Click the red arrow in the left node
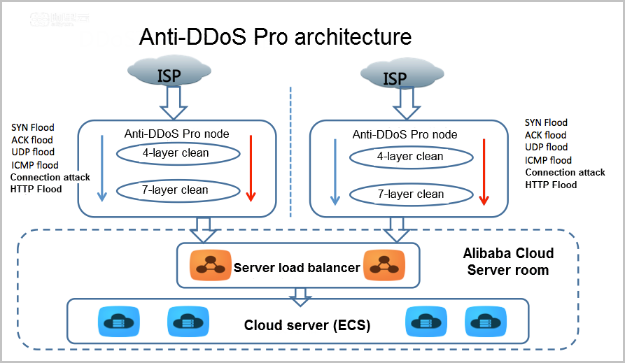click(x=251, y=168)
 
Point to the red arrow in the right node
click(x=483, y=172)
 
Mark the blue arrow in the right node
click(x=335, y=172)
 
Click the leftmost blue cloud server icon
click(x=115, y=322)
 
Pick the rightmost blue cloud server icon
click(x=482, y=322)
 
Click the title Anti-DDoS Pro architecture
click(x=275, y=36)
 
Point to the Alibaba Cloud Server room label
click(x=508, y=262)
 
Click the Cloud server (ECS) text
click(x=307, y=325)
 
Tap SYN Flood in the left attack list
click(x=33, y=127)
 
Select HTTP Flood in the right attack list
click(x=551, y=185)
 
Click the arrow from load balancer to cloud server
click(x=301, y=296)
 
